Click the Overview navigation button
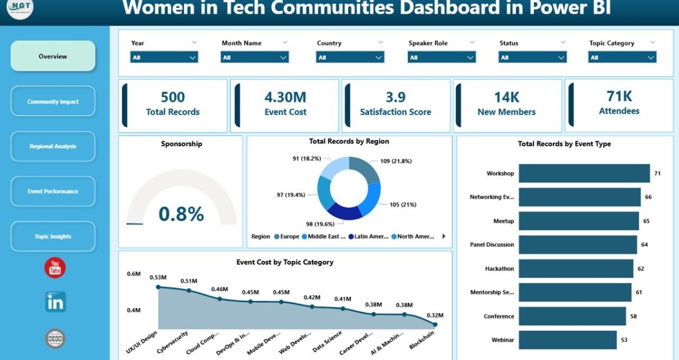pos(53,56)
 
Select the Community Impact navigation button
pos(53,101)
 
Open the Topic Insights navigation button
pos(53,236)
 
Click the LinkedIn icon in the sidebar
pos(56,302)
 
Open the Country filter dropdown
pos(350,57)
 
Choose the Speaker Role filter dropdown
pos(442,57)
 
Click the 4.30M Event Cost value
pos(285,97)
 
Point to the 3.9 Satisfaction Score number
pos(395,97)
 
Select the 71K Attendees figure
pos(619,96)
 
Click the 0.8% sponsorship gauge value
pos(181,214)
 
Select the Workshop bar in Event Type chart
pos(584,173)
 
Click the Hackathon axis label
pos(499,269)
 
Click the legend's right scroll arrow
pos(444,237)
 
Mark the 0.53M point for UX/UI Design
pos(158,287)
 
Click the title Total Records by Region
pos(348,141)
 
